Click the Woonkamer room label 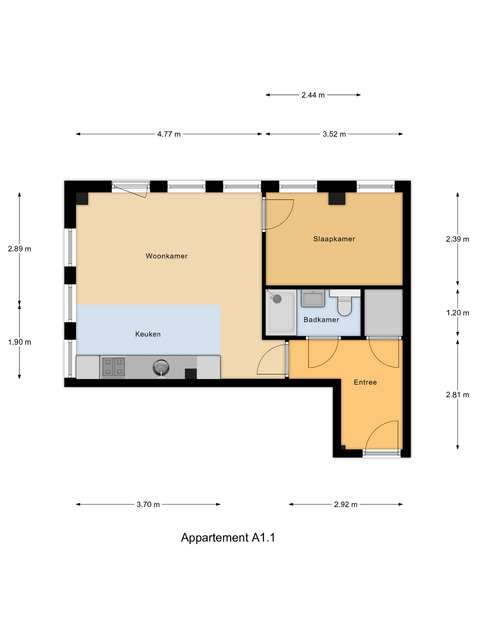tap(166, 256)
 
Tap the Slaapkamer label tap(334, 239)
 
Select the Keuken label tap(148, 334)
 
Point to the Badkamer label tap(321, 320)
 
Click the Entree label tap(365, 382)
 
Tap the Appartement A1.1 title tap(228, 538)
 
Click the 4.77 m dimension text tap(169, 134)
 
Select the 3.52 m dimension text tap(334, 134)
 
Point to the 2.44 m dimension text tap(313, 95)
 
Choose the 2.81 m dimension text tap(457, 395)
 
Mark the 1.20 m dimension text tap(457, 313)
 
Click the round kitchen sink tap(161, 368)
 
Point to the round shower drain tap(277, 299)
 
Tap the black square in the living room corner tap(82, 198)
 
